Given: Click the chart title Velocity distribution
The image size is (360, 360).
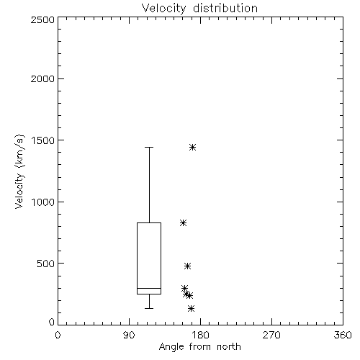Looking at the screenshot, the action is pos(199,9).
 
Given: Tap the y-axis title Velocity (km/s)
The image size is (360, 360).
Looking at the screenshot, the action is pos(19,171).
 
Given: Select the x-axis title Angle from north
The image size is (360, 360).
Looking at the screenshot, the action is pos(199,347).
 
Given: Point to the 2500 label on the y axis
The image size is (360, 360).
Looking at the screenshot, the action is pos(42,19).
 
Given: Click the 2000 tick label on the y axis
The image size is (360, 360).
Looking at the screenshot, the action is pos(42,78).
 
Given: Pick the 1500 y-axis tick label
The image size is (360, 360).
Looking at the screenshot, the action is pos(43,140).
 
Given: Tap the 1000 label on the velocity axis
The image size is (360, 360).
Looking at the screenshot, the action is pos(43,202).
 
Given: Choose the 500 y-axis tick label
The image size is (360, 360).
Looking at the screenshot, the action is pos(46,264).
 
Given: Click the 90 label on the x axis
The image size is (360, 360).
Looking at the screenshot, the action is pos(129,335).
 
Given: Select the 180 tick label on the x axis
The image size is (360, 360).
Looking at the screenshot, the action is pos(200,335).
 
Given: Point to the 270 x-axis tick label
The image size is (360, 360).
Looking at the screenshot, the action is pos(271,335).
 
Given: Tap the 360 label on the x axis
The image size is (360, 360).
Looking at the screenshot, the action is pos(343,335).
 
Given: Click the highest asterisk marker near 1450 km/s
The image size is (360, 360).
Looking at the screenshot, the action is pos(192,147).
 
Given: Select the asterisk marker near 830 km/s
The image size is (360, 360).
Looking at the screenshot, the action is pos(183,223).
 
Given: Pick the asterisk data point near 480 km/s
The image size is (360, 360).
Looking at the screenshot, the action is pos(187,266).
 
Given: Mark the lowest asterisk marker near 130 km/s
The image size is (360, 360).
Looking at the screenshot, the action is pos(191,308).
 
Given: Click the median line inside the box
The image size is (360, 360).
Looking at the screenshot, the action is pos(149,288).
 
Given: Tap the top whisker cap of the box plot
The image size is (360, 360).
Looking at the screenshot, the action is pos(149,147).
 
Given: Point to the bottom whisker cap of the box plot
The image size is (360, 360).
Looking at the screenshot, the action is pos(149,308).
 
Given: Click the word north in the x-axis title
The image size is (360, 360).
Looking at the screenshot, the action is pos(229,347).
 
